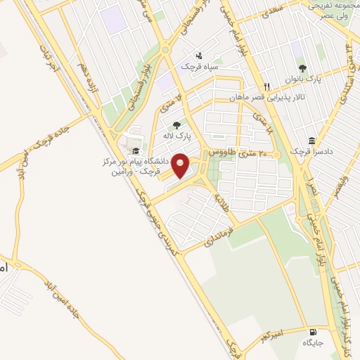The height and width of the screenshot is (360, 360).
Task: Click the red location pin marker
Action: [x=181, y=165]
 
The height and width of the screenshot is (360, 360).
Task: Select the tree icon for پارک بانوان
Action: [x=302, y=68]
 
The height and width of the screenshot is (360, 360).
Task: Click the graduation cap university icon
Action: [x=134, y=151]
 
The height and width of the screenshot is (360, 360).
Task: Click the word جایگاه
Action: [x=312, y=343]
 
